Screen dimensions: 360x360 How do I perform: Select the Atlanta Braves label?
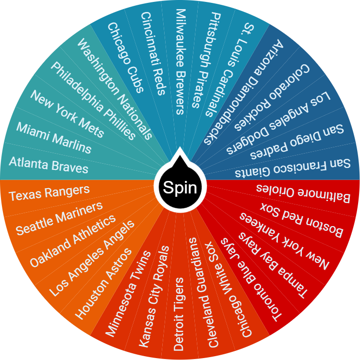[48, 165]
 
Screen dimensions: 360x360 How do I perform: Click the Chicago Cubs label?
[126, 57]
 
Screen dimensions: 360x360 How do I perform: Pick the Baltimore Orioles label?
[303, 192]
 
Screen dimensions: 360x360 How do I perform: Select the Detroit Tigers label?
[179, 313]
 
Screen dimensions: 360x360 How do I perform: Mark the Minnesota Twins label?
[128, 293]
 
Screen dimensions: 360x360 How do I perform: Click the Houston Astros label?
[103, 284]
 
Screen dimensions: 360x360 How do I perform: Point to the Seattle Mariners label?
[60, 218]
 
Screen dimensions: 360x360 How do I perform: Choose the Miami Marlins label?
[53, 137]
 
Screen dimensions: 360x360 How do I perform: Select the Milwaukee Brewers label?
[180, 61]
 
